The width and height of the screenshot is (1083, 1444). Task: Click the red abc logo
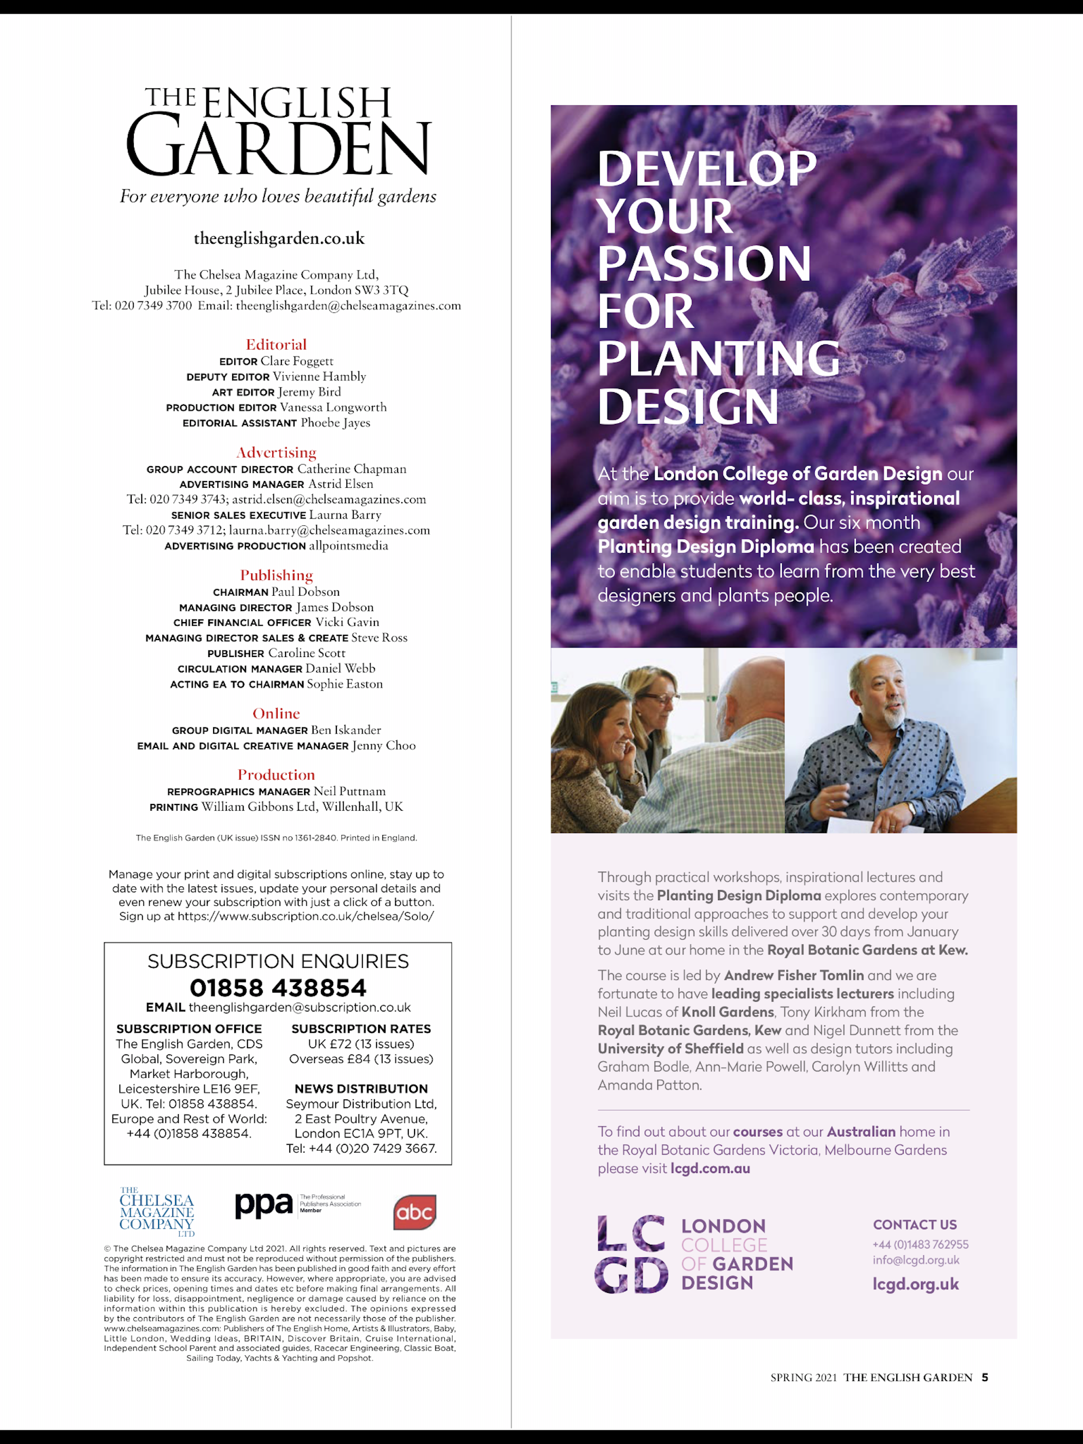[415, 1212]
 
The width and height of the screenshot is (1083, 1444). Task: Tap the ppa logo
[264, 1205]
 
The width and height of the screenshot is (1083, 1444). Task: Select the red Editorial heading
[276, 345]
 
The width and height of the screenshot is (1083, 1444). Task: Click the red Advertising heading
[276, 452]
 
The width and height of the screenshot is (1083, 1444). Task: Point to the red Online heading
[276, 714]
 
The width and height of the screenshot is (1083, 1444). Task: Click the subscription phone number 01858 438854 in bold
[278, 988]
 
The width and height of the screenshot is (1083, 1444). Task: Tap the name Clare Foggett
[297, 361]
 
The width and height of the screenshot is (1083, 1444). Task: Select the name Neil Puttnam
[350, 791]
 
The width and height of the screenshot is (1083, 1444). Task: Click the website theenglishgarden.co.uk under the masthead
[279, 238]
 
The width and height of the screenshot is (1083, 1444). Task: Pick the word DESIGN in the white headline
[689, 406]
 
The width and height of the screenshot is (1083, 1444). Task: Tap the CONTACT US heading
[914, 1225]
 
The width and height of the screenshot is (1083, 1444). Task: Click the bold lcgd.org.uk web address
[916, 1284]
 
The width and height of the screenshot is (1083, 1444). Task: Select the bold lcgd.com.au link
[710, 1169]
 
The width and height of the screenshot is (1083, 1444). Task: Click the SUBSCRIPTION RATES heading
[361, 1029]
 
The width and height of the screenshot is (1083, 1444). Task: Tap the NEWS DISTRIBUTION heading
[361, 1089]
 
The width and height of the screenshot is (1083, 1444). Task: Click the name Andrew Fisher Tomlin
[794, 975]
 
